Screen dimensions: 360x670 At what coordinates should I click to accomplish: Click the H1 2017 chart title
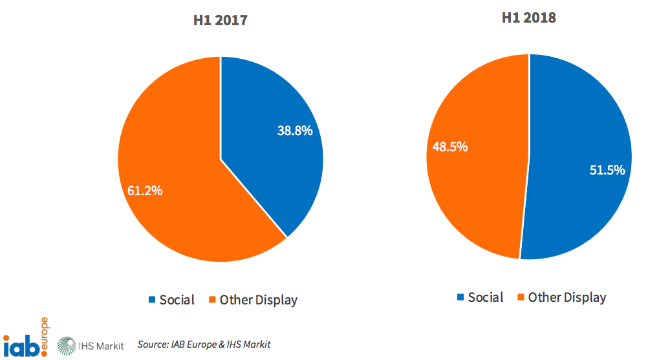pyautogui.click(x=221, y=20)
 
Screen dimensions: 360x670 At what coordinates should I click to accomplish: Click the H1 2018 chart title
pyautogui.click(x=529, y=17)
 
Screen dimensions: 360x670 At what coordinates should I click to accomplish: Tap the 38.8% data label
pyautogui.click(x=295, y=131)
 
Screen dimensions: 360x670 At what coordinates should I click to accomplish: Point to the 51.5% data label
pyautogui.click(x=607, y=170)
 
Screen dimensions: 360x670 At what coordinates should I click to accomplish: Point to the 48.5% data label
pyautogui.click(x=450, y=147)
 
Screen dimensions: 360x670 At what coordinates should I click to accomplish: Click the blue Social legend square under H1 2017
pyautogui.click(x=153, y=300)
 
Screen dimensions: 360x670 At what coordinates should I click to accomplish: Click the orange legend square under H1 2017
pyautogui.click(x=212, y=300)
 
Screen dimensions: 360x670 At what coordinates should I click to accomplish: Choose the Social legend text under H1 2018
pyautogui.click(x=486, y=297)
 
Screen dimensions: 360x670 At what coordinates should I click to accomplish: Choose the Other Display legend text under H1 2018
pyautogui.click(x=567, y=297)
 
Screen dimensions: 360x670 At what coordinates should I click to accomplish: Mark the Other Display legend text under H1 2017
pyautogui.click(x=259, y=300)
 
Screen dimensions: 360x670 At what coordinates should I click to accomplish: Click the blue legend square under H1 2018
pyautogui.click(x=461, y=297)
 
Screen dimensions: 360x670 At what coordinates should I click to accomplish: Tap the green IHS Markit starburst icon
pyautogui.click(x=67, y=345)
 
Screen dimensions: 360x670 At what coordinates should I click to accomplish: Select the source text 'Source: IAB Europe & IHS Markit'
pyautogui.click(x=204, y=344)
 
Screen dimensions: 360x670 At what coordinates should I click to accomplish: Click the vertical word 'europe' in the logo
pyautogui.click(x=44, y=335)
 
